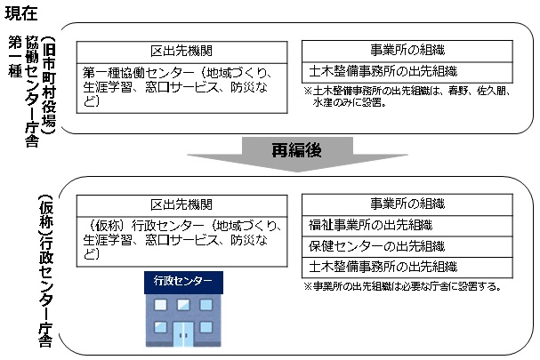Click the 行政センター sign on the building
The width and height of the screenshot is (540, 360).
pyautogui.click(x=182, y=282)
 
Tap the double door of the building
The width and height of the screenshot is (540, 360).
pyautogui.click(x=183, y=335)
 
